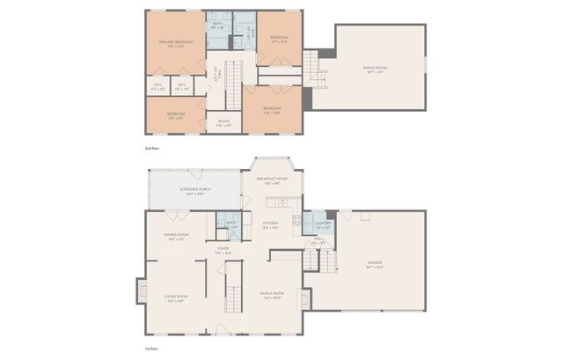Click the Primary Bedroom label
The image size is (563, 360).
tap(177, 43)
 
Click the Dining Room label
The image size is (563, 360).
tap(176, 236)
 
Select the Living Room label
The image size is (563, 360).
tap(176, 298)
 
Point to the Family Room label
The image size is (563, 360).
tap(271, 294)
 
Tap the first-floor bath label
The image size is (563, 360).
tap(230, 224)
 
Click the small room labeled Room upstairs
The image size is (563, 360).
tap(224, 122)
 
